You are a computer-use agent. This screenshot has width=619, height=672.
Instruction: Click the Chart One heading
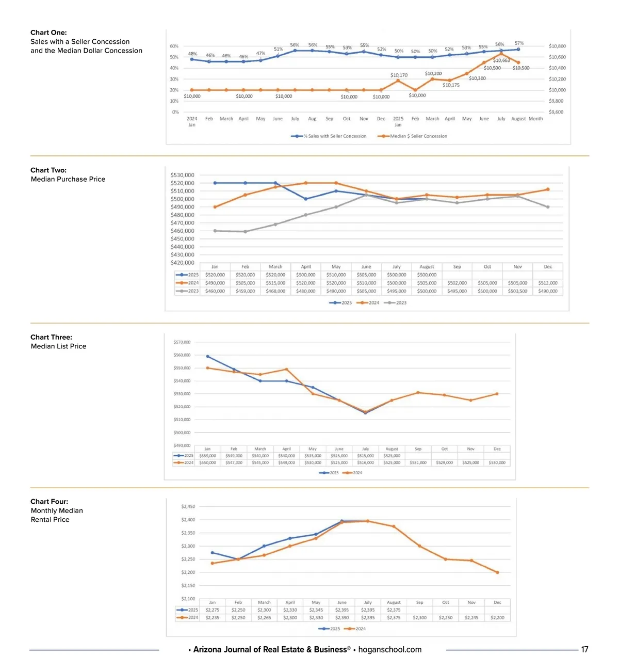[x=48, y=33]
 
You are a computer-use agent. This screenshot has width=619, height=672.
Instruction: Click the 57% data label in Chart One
[x=519, y=43]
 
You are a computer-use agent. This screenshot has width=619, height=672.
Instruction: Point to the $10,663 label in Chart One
[x=501, y=60]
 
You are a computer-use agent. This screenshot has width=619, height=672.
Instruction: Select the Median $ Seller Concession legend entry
[x=418, y=136]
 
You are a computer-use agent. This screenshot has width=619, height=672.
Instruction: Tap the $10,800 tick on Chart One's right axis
[x=557, y=46]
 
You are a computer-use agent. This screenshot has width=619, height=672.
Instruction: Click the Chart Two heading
[x=48, y=170]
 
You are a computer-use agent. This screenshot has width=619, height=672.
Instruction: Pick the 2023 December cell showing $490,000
[x=548, y=291]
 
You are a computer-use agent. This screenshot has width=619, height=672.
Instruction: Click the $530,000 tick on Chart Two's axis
[x=183, y=175]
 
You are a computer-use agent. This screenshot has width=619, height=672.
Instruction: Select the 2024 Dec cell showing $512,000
[x=548, y=283]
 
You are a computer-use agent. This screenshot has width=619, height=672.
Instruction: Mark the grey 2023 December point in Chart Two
[x=548, y=207]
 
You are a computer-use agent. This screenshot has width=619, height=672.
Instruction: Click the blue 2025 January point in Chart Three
[x=207, y=356]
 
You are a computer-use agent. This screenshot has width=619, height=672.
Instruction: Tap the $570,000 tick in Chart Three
[x=182, y=342]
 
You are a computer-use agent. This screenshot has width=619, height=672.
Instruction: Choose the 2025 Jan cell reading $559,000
[x=208, y=456]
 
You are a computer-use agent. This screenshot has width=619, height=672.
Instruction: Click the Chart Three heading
[x=51, y=337]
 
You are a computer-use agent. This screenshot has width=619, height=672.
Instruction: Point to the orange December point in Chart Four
[x=497, y=572]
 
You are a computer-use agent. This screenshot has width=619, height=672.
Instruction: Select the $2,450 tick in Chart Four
[x=188, y=506]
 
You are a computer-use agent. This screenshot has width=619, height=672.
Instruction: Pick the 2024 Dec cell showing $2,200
[x=497, y=617]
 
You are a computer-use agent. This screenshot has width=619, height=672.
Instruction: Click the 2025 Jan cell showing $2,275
[x=213, y=610]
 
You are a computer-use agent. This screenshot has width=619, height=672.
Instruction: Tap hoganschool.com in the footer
[x=390, y=649]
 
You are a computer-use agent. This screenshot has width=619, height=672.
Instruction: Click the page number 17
[x=584, y=649]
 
